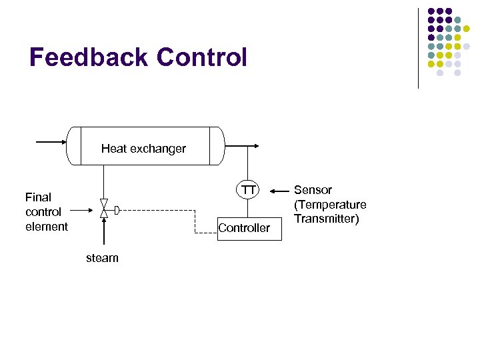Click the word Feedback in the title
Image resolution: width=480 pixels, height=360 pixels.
(x=89, y=57)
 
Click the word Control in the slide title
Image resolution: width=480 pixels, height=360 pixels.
(x=201, y=57)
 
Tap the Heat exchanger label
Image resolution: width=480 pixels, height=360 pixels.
(x=143, y=149)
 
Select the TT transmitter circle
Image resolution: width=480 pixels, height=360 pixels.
(x=248, y=191)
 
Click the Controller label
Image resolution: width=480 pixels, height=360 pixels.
(x=244, y=228)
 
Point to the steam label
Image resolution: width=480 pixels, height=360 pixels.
(x=102, y=258)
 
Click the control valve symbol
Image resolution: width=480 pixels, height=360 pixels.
(x=103, y=209)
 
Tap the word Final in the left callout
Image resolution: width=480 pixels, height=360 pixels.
(x=38, y=197)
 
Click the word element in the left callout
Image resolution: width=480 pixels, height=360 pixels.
(x=47, y=227)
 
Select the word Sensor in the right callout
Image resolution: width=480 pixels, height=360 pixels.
(x=313, y=190)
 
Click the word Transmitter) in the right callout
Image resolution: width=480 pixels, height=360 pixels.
(x=327, y=219)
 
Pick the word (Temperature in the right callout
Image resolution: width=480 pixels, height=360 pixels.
(x=330, y=205)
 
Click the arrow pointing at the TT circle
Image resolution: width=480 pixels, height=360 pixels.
(x=280, y=191)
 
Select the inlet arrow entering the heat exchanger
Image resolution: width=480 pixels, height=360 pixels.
(x=51, y=141)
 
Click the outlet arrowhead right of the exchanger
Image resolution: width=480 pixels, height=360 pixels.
(x=257, y=146)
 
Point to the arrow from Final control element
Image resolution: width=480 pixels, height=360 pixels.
(x=83, y=211)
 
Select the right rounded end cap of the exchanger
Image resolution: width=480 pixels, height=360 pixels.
(x=216, y=145)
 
